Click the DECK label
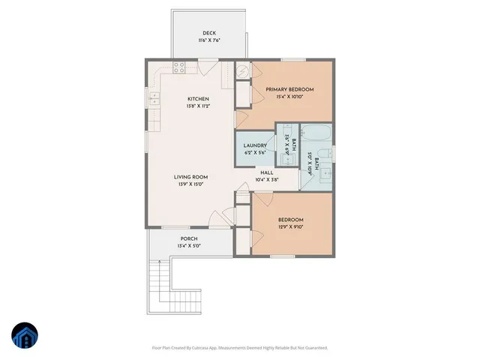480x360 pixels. pyautogui.click(x=210, y=32)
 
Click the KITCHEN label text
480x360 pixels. pyautogui.click(x=198, y=98)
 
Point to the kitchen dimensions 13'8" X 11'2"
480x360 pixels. pyautogui.click(x=198, y=106)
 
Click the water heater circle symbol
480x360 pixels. pyautogui.click(x=244, y=71)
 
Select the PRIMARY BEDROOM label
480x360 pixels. pyautogui.click(x=289, y=89)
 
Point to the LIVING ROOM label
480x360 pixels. pyautogui.click(x=190, y=177)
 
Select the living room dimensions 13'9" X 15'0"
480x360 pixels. pyautogui.click(x=190, y=184)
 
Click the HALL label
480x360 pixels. pyautogui.click(x=266, y=172)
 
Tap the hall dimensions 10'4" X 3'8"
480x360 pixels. pyautogui.click(x=266, y=179)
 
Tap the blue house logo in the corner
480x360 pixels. pyautogui.click(x=25, y=334)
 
